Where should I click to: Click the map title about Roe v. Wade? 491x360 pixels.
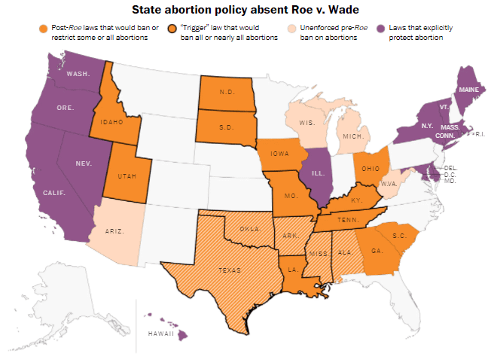245,10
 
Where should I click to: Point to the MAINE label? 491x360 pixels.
468,89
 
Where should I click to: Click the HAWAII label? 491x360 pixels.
160,334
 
